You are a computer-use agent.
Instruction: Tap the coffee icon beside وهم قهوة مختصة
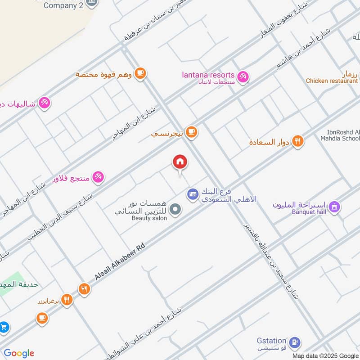coord(140,73)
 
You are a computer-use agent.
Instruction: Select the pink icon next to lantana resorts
coord(243,77)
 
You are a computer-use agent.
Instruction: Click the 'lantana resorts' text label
coord(208,75)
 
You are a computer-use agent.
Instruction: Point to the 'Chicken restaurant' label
coord(332,81)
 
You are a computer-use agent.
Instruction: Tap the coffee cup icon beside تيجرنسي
coord(192,132)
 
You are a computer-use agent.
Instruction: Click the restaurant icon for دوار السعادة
coord(297,142)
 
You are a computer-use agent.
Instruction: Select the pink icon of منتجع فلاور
coord(99,177)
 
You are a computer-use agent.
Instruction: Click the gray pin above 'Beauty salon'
coord(176,209)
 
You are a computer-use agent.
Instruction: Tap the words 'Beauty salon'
coord(149,218)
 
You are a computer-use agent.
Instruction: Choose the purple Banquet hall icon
coord(334,207)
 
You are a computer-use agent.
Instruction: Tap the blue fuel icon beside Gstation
coord(294,342)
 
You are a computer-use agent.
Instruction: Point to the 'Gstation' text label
coord(272,341)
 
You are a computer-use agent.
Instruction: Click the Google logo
coord(19,353)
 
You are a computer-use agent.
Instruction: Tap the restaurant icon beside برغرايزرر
coord(67,300)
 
